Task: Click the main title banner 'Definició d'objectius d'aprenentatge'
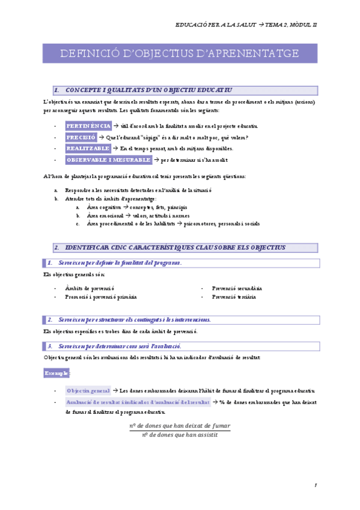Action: pos(180,54)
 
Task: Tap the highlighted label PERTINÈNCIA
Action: pos(88,126)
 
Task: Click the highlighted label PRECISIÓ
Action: pos(81,137)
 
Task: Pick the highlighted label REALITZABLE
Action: pos(88,149)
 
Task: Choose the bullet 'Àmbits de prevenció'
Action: pos(90,288)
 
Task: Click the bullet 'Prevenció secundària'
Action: pos(237,288)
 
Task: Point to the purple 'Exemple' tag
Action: pos(56,373)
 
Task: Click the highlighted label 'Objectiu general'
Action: pos(88,390)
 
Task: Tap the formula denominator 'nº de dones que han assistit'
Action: pos(180,435)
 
